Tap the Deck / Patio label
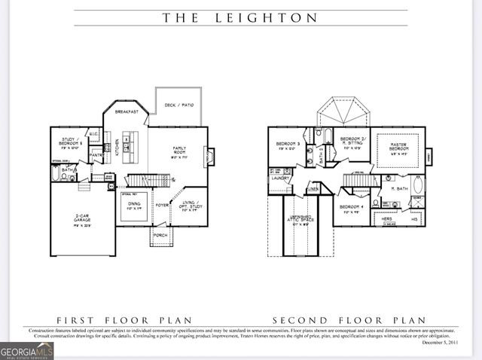click(x=179, y=105)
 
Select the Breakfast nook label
click(x=127, y=111)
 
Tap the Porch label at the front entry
click(x=160, y=235)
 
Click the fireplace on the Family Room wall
click(x=209, y=157)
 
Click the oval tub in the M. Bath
click(x=418, y=185)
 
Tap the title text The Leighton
click(x=240, y=17)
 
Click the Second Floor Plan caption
click(x=349, y=319)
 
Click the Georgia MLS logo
click(x=27, y=350)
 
